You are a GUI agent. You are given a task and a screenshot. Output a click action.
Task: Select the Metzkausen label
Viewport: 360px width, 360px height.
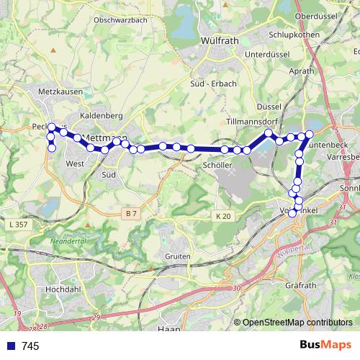[60, 91]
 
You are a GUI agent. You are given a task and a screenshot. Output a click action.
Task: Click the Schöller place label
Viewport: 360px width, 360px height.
[217, 165]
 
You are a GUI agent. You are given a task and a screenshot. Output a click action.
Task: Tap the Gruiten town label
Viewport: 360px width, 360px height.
[176, 256]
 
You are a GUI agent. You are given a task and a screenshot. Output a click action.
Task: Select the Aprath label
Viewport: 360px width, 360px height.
[301, 71]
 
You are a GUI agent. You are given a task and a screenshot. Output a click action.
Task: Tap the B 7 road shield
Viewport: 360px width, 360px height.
[130, 214]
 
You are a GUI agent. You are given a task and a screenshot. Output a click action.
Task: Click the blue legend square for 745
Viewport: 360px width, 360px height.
[11, 346]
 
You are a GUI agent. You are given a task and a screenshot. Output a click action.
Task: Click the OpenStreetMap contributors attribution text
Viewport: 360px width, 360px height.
[297, 323]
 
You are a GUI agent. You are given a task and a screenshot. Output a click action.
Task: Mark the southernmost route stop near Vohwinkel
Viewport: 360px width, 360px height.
[292, 214]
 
